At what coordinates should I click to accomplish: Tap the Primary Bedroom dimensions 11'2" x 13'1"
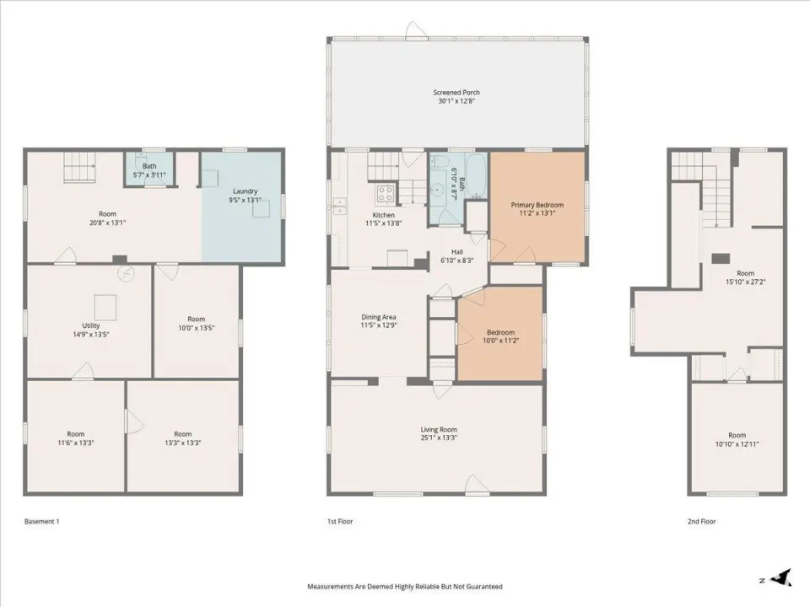click(x=537, y=212)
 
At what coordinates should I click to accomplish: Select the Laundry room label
click(x=245, y=191)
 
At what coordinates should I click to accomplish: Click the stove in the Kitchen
click(x=385, y=194)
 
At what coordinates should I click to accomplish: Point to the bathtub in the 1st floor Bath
click(x=476, y=176)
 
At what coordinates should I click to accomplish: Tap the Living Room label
click(x=439, y=429)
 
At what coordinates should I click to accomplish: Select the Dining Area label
click(x=379, y=317)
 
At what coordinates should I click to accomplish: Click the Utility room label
click(x=91, y=325)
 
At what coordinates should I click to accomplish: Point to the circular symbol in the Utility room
click(x=125, y=273)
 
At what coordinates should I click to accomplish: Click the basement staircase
click(x=80, y=167)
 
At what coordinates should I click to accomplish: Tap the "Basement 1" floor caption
click(x=42, y=521)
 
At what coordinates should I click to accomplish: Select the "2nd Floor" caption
click(x=701, y=521)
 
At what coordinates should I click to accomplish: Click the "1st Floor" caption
click(x=340, y=521)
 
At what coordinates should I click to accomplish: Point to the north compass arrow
click(x=780, y=577)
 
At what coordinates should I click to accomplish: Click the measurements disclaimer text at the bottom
click(x=405, y=587)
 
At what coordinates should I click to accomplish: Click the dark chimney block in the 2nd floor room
click(x=721, y=259)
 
